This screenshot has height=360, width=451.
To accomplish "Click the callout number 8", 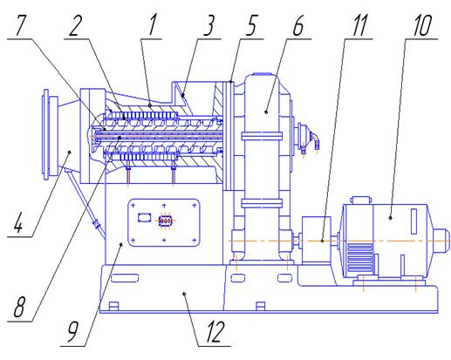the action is [19, 306].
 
